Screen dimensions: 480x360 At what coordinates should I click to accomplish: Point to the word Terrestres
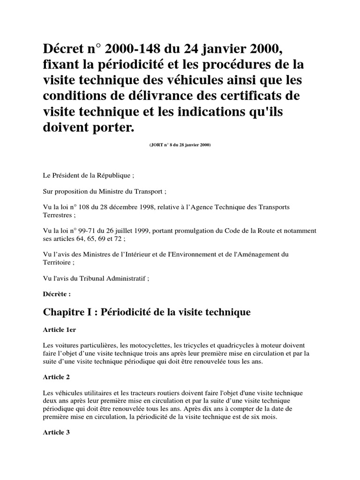point(56,215)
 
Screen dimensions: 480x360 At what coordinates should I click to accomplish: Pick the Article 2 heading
point(56,377)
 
